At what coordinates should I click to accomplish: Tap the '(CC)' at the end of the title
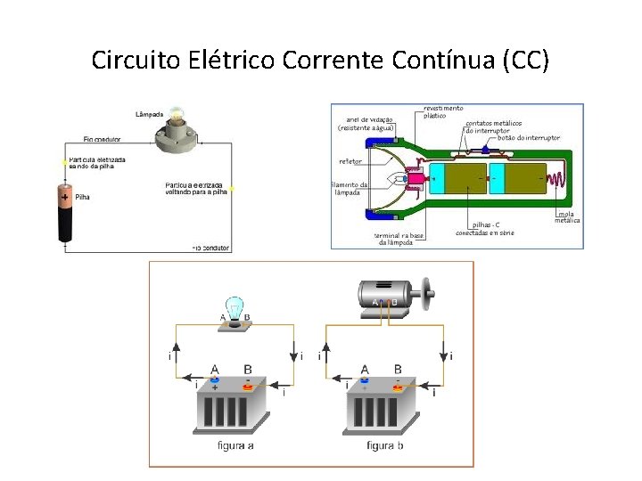pos(526,61)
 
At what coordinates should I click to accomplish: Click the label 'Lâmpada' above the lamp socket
pos(150,114)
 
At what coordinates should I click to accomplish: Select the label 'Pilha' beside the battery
pos(82,197)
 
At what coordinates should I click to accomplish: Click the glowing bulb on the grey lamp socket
pos(177,116)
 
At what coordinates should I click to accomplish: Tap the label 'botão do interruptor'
pos(529,138)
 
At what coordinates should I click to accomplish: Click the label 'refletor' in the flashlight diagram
pos(350,161)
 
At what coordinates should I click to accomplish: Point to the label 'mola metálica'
pos(568,216)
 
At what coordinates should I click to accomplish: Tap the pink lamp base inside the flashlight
pos(416,178)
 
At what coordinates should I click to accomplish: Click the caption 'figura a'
pos(235,445)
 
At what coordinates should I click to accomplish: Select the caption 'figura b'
pos(385,445)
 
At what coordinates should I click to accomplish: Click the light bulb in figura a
pos(234,308)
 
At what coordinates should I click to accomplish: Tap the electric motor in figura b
pos(389,295)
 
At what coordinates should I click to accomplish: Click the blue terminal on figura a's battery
pos(215,379)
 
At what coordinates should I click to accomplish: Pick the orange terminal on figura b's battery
pos(398,387)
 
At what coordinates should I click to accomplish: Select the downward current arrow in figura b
pos(445,348)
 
